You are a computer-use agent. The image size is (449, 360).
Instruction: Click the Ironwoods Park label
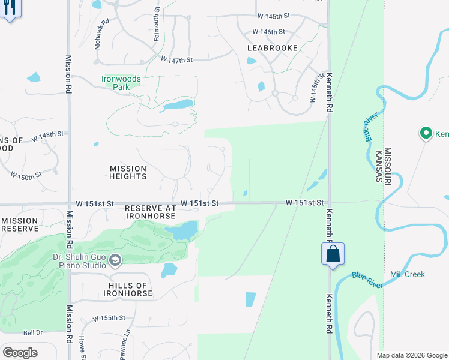122,82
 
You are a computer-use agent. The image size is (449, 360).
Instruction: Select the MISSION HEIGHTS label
128,172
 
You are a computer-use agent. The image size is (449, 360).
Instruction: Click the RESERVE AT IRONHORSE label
150,212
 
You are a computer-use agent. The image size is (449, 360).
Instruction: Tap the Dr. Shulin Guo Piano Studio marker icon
115,260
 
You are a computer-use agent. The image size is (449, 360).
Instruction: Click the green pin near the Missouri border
426,133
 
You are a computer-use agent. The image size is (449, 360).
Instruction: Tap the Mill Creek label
407,274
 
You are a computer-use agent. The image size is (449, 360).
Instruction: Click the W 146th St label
268,31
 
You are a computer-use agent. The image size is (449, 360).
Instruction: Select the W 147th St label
176,59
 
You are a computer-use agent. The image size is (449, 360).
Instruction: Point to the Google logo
20,352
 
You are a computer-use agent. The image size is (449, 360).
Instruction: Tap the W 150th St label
26,175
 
